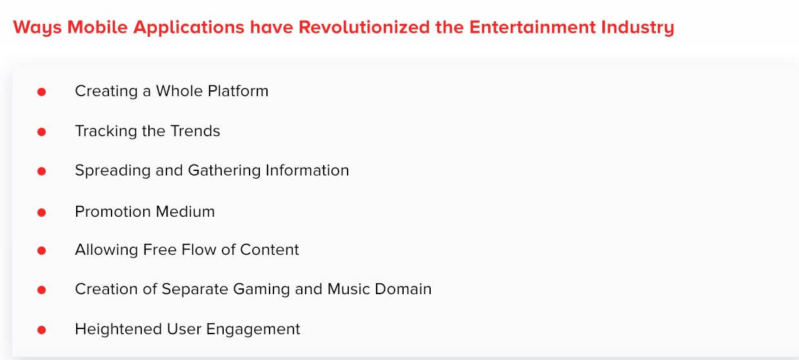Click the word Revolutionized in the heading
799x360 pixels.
[x=364, y=27]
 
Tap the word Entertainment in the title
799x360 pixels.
[x=533, y=27]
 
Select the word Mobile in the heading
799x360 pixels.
[x=97, y=27]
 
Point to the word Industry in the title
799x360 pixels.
[x=638, y=28]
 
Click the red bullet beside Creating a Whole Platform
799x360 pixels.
[x=41, y=92]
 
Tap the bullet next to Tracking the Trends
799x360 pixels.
[x=41, y=132]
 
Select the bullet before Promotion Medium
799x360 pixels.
[x=41, y=213]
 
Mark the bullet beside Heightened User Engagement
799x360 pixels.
[x=41, y=330]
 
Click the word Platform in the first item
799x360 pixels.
[x=238, y=91]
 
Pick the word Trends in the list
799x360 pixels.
[x=195, y=131]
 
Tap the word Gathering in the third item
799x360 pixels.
[x=224, y=171]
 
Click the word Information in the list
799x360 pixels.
[x=308, y=170]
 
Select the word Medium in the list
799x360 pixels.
[x=186, y=212]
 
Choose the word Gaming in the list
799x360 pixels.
[x=261, y=290]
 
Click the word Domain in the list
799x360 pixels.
[x=403, y=289]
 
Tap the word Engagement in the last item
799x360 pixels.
[x=253, y=330]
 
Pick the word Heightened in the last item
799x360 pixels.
[x=119, y=330]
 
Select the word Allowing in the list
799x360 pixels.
[x=106, y=250]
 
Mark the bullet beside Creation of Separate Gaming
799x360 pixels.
[x=41, y=290]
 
